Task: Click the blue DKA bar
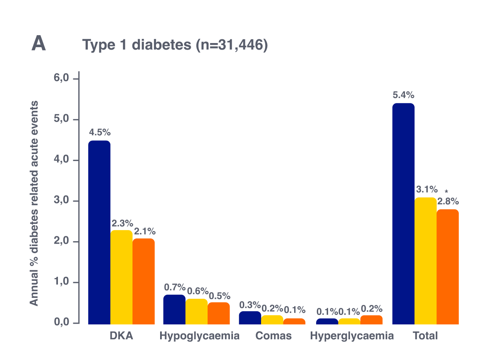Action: [99, 232]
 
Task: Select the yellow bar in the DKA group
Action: [122, 277]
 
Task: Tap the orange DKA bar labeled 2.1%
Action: [144, 281]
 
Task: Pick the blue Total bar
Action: [403, 214]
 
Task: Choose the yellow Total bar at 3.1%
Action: [425, 261]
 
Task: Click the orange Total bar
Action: [448, 266]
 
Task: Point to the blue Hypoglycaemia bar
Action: [174, 309]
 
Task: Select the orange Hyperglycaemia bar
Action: [372, 319]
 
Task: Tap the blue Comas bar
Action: [250, 317]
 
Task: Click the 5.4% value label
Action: [403, 95]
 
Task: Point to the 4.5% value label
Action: [100, 133]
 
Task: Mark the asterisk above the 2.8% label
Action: [446, 192]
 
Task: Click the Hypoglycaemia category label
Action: [199, 336]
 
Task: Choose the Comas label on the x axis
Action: [273, 336]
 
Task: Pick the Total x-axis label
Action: [425, 336]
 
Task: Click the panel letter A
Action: [38, 44]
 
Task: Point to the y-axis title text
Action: [34, 203]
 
